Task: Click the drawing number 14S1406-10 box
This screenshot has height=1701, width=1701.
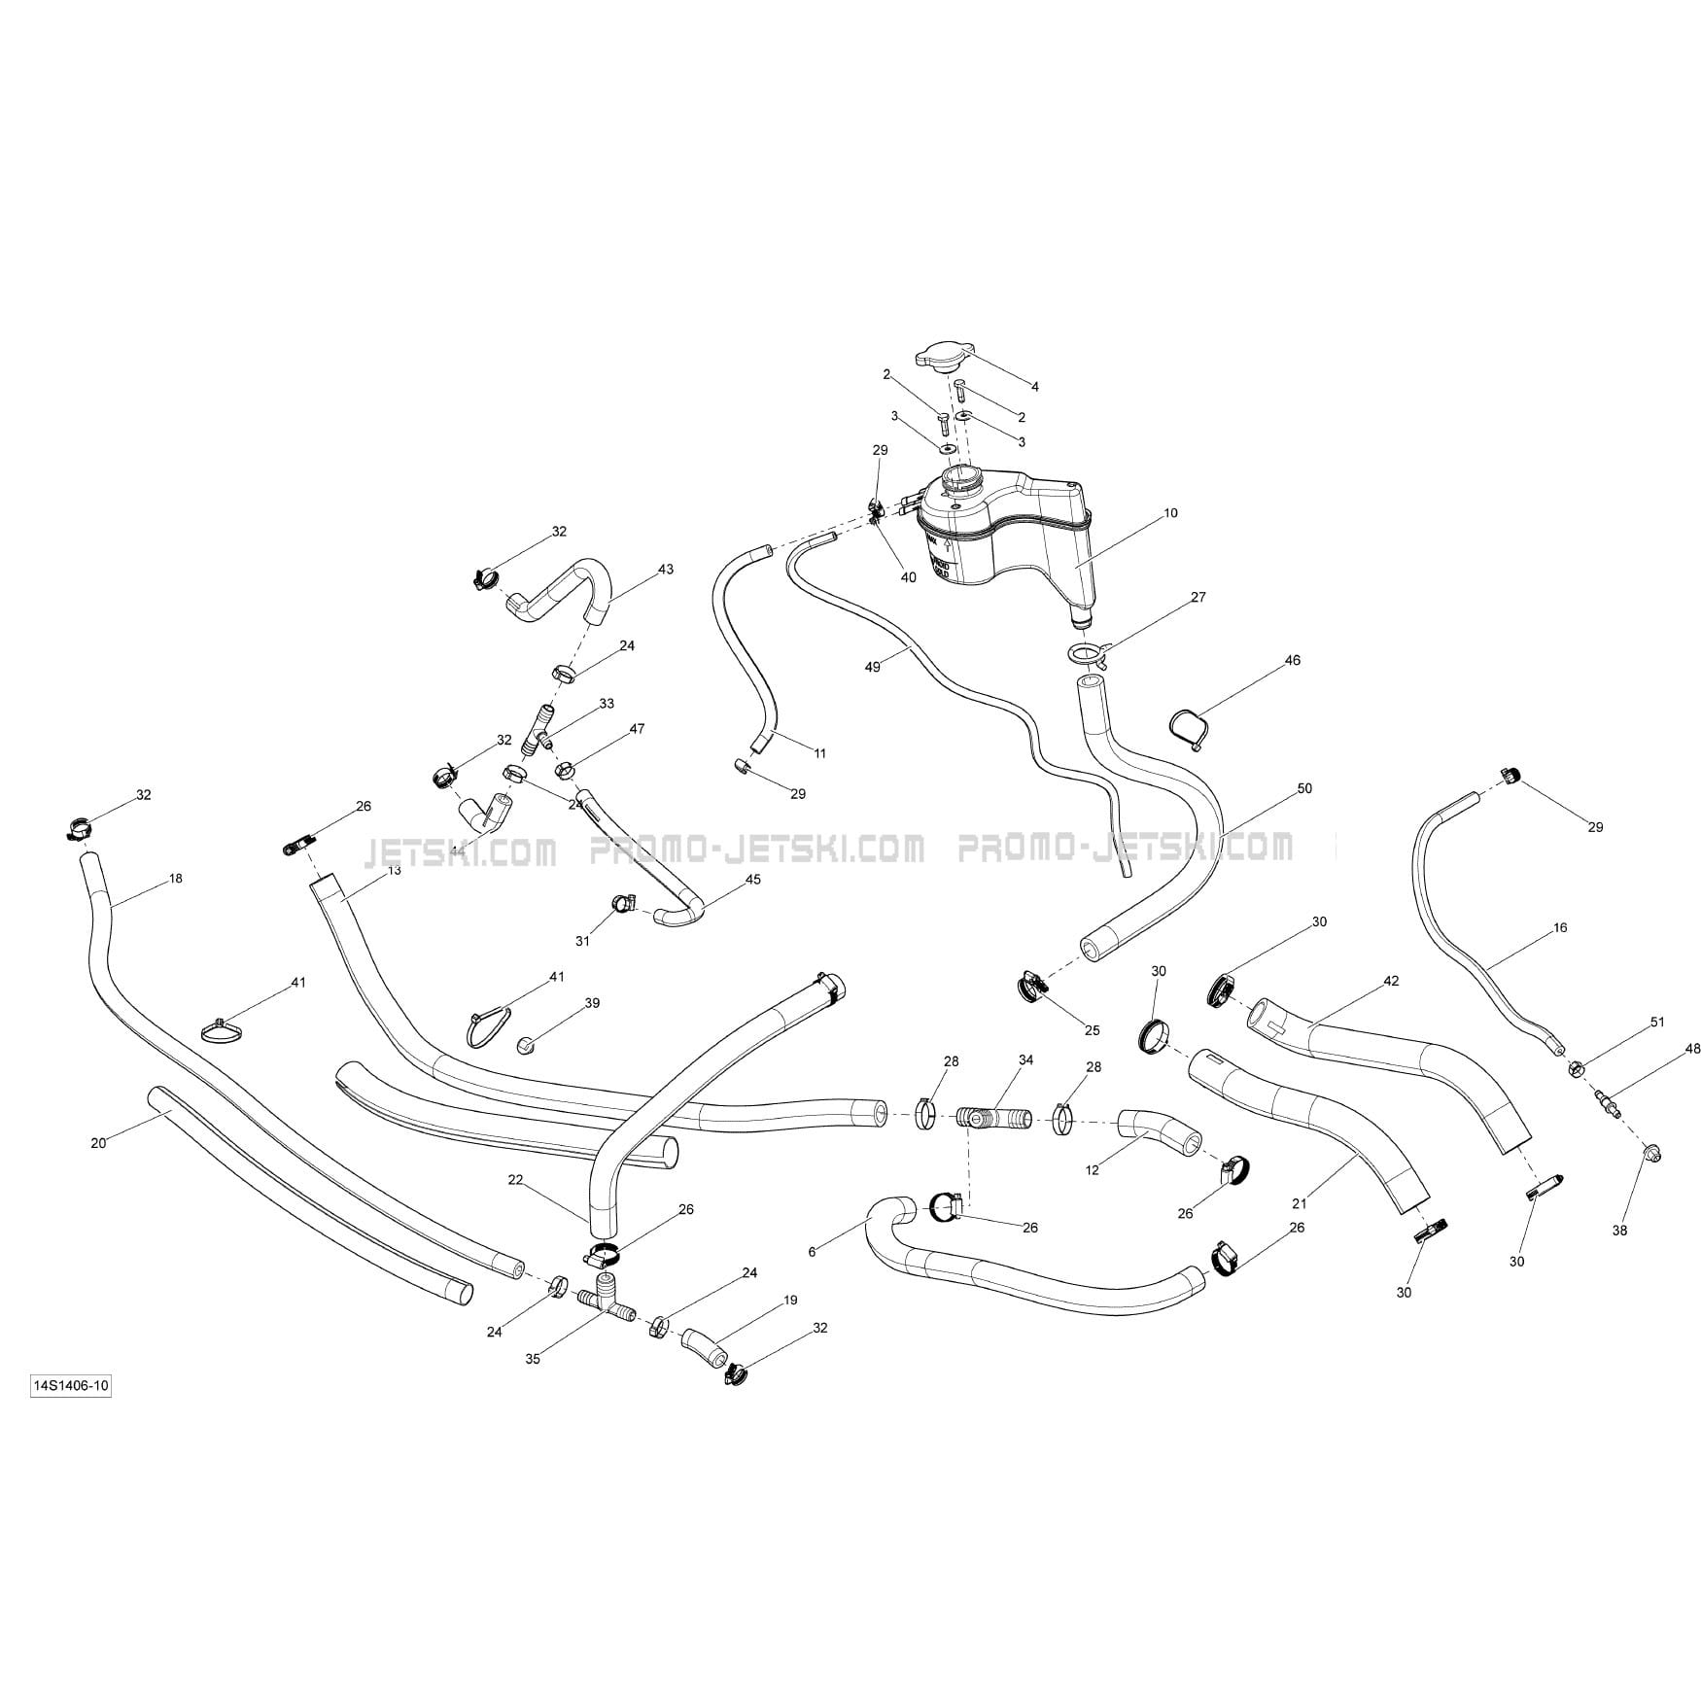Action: [70, 1386]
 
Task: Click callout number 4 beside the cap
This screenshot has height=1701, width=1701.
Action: [1034, 387]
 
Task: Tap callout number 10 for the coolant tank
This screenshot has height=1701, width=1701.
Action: [1170, 513]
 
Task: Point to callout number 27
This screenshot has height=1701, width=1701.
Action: [1198, 598]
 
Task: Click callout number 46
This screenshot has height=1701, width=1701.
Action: [1292, 661]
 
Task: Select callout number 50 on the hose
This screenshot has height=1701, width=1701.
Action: [1304, 788]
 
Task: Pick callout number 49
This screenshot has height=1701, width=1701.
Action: [872, 667]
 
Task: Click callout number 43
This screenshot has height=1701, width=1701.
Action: [665, 570]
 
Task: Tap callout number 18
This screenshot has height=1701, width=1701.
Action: [175, 879]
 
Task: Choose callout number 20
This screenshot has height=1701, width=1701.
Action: [98, 1143]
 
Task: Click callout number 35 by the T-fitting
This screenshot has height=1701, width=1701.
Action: [533, 1359]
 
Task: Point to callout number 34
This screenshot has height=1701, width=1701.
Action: [1025, 1059]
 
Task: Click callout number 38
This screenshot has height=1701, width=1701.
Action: [1619, 1231]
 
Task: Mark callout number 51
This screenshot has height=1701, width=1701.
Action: [1657, 1022]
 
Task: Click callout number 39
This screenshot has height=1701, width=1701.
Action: [592, 1003]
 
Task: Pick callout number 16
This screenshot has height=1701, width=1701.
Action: [1560, 928]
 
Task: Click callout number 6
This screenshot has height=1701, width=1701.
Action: [813, 1252]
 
